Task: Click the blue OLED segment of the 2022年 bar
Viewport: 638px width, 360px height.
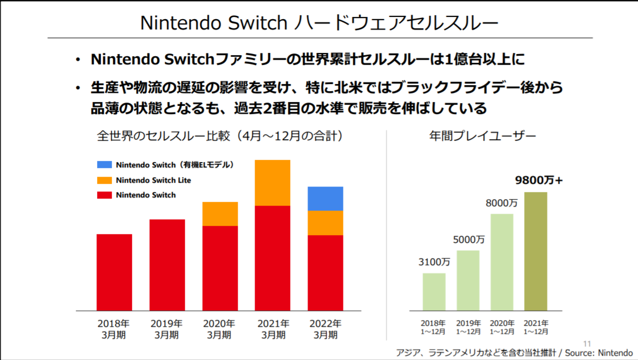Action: (326, 199)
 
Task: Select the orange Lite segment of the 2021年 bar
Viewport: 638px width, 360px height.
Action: (273, 183)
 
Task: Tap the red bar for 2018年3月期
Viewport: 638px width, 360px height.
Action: (114, 272)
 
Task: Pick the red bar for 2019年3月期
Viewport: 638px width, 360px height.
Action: (167, 265)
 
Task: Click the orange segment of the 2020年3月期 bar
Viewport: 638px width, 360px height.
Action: (220, 214)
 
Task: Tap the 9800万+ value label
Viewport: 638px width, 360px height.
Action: (539, 181)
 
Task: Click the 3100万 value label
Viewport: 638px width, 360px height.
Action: (434, 262)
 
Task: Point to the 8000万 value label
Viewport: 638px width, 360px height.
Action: (502, 203)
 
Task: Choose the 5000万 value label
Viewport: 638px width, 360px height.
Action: (468, 239)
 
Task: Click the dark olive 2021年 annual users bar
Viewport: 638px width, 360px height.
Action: (535, 251)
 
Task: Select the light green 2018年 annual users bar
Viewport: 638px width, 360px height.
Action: (434, 292)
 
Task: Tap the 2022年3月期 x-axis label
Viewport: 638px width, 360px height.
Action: (326, 329)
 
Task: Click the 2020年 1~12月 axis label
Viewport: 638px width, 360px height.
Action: (502, 327)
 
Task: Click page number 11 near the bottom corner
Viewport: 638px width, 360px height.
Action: (587, 344)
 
